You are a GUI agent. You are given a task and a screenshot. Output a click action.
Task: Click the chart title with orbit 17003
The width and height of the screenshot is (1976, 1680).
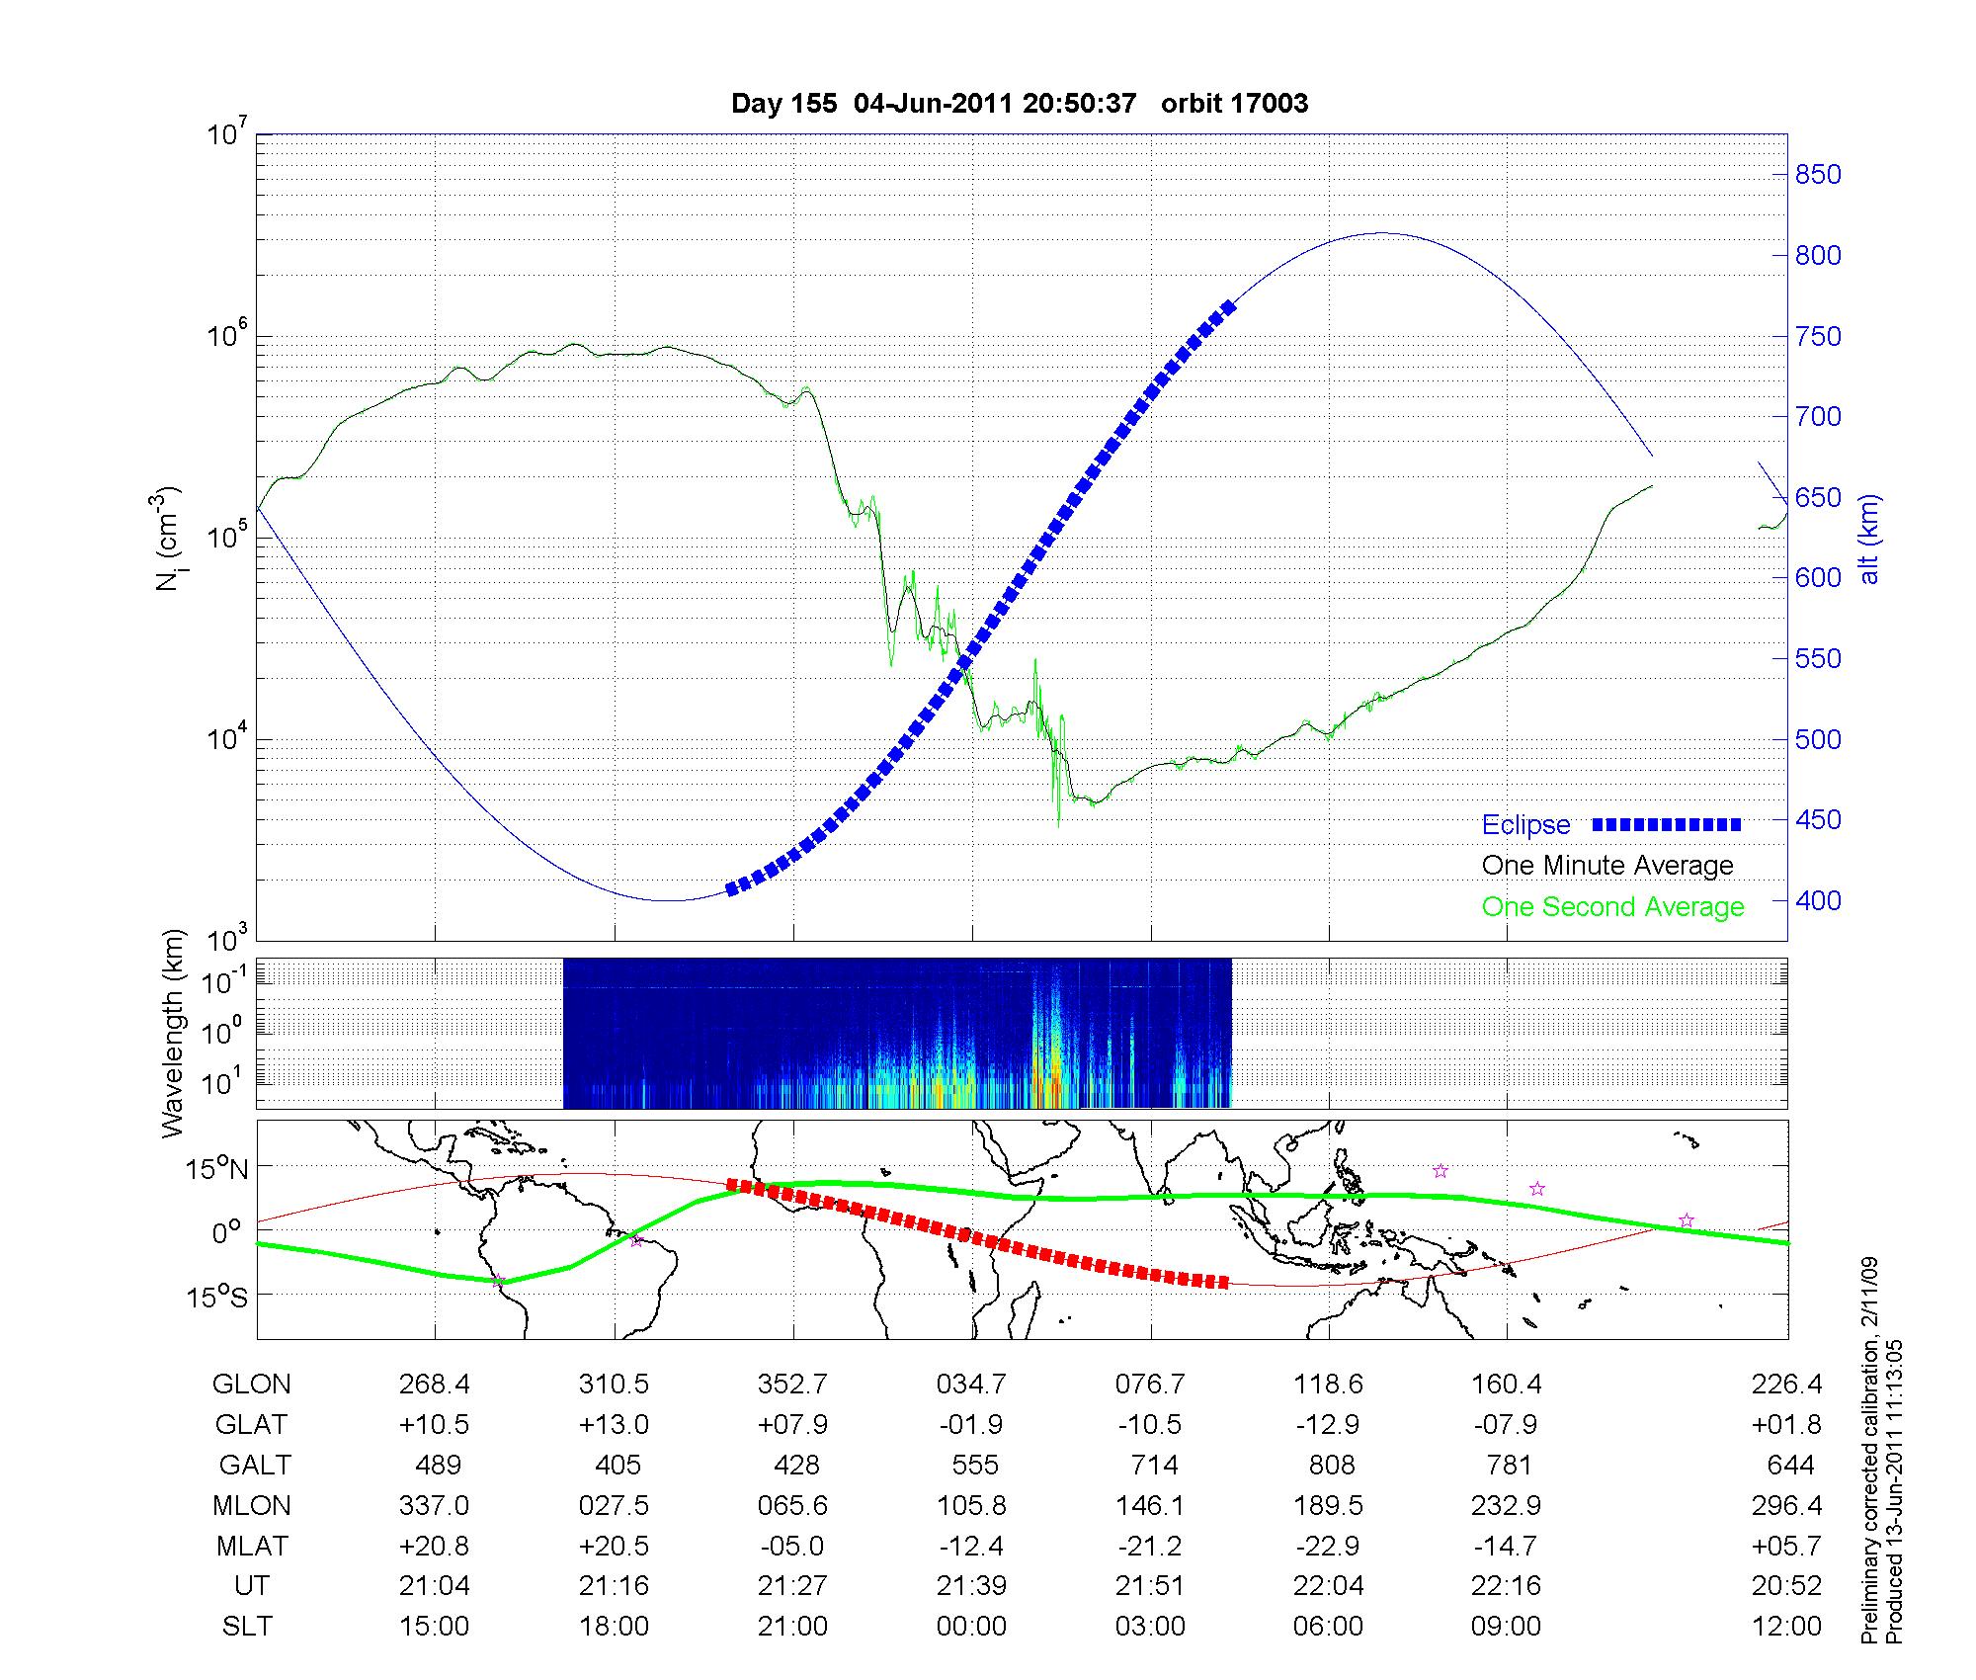(x=1019, y=104)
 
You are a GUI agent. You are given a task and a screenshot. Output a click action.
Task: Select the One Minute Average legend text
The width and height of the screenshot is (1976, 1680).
(x=1606, y=866)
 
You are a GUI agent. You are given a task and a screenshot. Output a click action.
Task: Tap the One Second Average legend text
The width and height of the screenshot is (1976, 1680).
(x=1612, y=907)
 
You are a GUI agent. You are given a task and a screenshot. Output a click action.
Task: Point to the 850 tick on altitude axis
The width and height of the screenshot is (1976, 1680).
(x=1817, y=175)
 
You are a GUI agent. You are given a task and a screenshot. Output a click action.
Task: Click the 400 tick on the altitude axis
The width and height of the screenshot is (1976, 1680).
(x=1817, y=900)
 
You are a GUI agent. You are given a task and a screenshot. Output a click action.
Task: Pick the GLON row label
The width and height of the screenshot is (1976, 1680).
(x=251, y=1385)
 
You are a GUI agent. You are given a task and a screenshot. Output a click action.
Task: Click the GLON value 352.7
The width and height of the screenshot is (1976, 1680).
(x=792, y=1385)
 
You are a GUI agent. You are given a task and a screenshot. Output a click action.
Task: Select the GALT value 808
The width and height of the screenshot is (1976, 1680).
(x=1331, y=1465)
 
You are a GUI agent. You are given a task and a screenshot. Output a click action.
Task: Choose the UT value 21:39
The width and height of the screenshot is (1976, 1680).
(x=971, y=1586)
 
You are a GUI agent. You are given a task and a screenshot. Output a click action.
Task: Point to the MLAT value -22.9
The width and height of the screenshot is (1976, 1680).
(x=1328, y=1546)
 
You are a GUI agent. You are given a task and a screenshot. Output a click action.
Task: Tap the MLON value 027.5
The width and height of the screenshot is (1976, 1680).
(x=614, y=1505)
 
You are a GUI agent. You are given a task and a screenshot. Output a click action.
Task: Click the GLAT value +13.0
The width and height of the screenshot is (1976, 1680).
(x=614, y=1425)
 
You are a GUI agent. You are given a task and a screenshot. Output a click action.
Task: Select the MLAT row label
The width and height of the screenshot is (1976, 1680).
(x=251, y=1546)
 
